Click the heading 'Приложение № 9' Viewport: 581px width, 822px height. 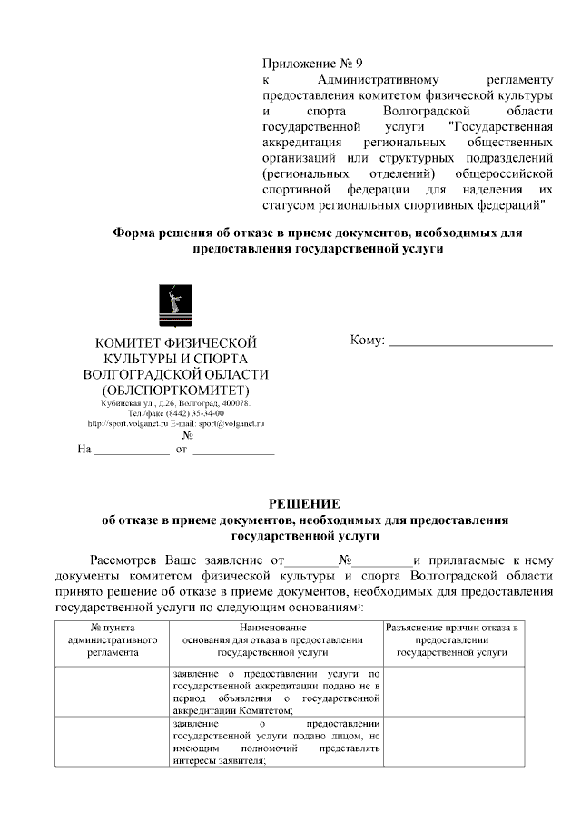[x=312, y=64]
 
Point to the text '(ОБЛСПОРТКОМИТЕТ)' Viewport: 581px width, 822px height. [x=176, y=391]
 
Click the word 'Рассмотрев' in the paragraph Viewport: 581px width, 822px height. [x=127, y=560]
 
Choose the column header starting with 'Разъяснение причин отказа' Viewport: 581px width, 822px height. [x=452, y=639]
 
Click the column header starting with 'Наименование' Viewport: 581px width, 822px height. [x=273, y=639]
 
